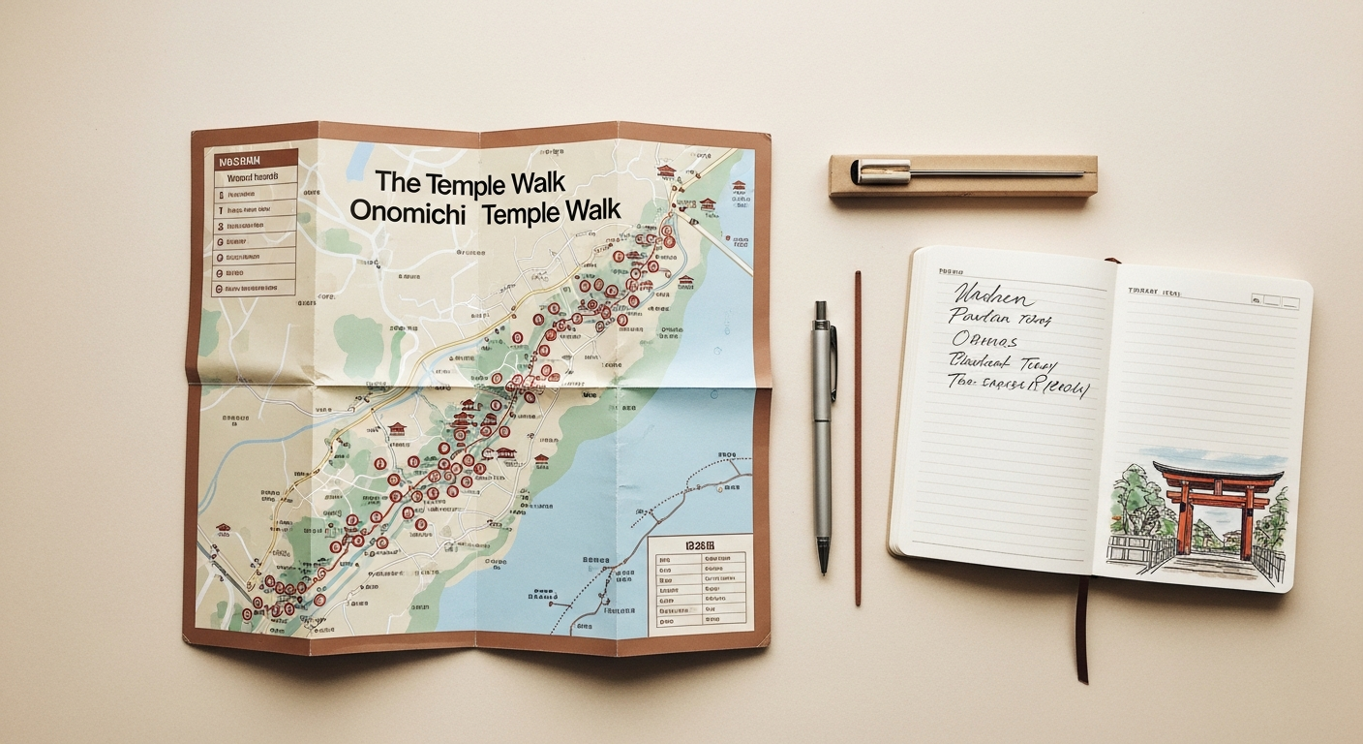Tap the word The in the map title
point(398,181)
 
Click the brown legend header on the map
point(255,160)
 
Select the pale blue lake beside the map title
point(362,156)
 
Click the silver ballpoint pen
point(823,426)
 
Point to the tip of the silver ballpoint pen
point(823,570)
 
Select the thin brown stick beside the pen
point(858,436)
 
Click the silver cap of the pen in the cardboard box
point(880,171)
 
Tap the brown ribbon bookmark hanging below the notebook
point(1082,630)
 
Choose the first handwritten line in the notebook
point(993,294)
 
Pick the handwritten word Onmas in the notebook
point(985,341)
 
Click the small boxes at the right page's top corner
point(1276,299)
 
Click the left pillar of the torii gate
point(1184,518)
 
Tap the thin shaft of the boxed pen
point(997,173)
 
